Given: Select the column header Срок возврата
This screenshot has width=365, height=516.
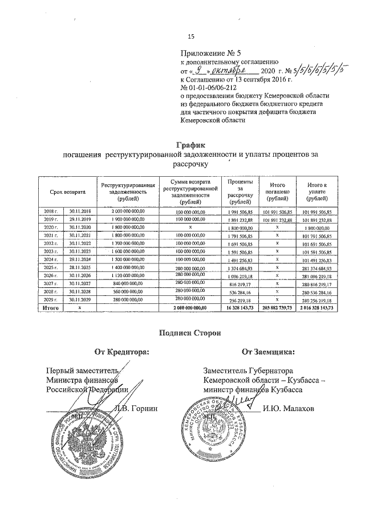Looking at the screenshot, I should tap(67, 193).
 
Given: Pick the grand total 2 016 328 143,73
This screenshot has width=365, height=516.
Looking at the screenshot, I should tap(316, 308).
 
